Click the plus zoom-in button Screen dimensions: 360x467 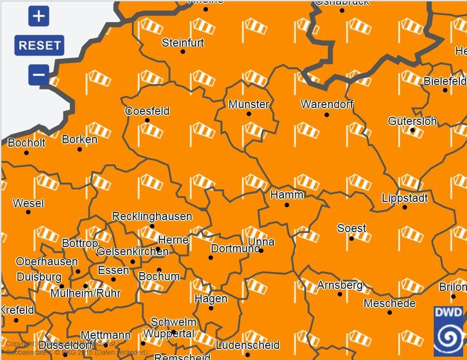39,16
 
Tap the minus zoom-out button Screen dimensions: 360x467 39,74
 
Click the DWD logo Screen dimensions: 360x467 448,331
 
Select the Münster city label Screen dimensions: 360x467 249,104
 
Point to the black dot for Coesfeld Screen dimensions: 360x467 147,120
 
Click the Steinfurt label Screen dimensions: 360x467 183,43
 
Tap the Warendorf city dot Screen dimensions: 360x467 327,114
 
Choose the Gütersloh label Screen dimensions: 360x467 412,121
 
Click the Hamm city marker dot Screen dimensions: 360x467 287,205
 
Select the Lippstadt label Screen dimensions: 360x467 405,198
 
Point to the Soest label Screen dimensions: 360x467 352,228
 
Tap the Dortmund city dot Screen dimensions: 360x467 211,257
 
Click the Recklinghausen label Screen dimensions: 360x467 152,216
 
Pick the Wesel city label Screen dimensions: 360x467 28,203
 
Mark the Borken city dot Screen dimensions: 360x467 80,149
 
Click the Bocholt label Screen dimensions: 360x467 27,143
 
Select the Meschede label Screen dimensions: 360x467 389,303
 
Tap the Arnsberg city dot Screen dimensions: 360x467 340,294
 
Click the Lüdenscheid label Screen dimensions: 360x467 248,345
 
